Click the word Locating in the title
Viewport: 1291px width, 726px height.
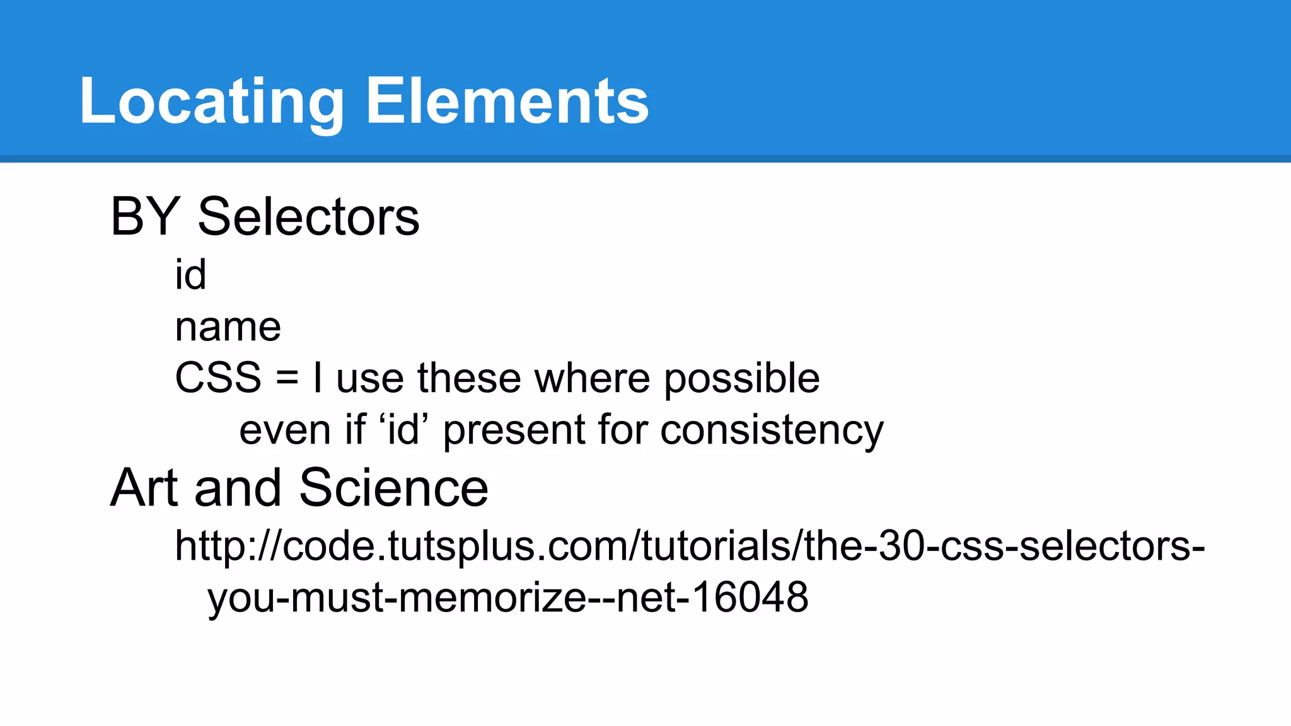pyautogui.click(x=211, y=101)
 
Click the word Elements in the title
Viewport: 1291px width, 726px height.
pyautogui.click(x=507, y=101)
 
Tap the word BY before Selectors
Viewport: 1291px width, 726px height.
pyautogui.click(x=146, y=217)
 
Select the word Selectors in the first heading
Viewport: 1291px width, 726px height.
pyautogui.click(x=308, y=217)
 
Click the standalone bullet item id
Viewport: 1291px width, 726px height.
pyautogui.click(x=190, y=275)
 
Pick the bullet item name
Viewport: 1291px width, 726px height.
pyautogui.click(x=228, y=327)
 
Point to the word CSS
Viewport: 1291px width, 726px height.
pyautogui.click(x=217, y=378)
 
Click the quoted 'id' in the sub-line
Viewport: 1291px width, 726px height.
pyautogui.click(x=403, y=430)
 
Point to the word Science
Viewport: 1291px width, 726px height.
pyautogui.click(x=393, y=488)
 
